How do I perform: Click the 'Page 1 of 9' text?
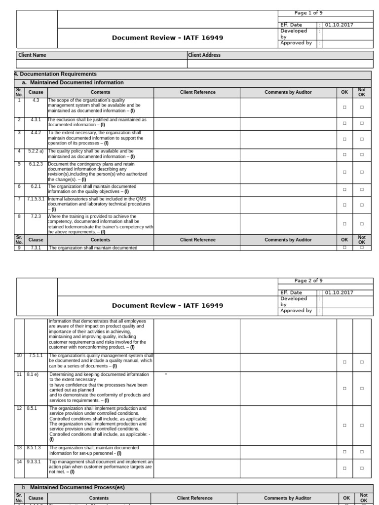[x=308, y=13]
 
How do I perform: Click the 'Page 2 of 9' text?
[x=308, y=281]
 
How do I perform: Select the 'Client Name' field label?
[x=32, y=55]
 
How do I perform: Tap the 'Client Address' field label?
[x=204, y=55]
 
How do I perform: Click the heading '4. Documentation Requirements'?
[x=55, y=74]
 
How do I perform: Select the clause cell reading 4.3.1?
[x=36, y=120]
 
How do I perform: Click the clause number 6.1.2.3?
[x=36, y=164]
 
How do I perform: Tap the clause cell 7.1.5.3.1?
[x=36, y=199]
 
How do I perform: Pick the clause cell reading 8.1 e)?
[x=33, y=375]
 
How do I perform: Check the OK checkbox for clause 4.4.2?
[x=344, y=140]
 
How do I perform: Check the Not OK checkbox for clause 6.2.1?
[x=362, y=190]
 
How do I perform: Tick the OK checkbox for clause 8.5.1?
[x=344, y=425]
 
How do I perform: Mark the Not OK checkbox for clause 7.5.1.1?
[x=362, y=362]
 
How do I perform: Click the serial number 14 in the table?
[x=19, y=462]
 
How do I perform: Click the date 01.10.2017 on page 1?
[x=339, y=25]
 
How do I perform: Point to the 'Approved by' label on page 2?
[x=296, y=311]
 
